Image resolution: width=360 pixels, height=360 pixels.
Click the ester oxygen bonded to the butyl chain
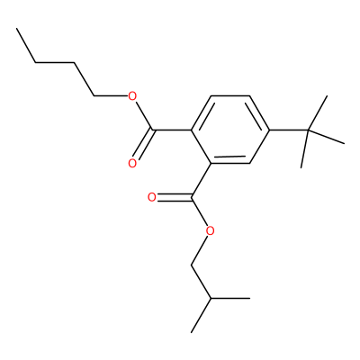click(x=132, y=96)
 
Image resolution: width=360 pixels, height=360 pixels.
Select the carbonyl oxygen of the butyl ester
click(x=132, y=164)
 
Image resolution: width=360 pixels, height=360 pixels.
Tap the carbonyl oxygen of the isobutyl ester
click(x=152, y=197)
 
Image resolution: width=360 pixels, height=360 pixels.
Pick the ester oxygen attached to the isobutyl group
click(x=211, y=231)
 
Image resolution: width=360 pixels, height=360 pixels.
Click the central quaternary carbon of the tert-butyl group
click(x=308, y=130)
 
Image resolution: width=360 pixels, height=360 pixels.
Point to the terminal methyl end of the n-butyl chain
click(x=17, y=29)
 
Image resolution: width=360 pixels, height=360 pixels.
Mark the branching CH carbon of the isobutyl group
click(x=211, y=299)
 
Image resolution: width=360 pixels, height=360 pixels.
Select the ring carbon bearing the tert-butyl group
click(x=269, y=130)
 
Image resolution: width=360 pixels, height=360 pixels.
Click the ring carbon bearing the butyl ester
click(x=192, y=130)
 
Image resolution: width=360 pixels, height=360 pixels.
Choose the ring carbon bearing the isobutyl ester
click(x=211, y=164)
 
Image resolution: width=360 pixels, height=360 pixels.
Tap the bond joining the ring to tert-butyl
click(x=289, y=130)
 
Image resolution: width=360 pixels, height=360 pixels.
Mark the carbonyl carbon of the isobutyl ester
click(x=192, y=197)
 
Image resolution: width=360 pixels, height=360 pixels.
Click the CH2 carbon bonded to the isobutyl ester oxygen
click(x=192, y=265)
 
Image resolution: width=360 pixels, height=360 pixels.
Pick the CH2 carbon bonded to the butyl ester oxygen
click(x=94, y=96)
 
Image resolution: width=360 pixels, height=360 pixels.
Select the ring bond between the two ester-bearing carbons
click(x=201, y=147)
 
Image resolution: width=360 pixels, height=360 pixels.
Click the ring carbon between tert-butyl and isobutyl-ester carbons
click(x=249, y=164)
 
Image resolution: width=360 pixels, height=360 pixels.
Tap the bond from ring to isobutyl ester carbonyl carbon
click(x=202, y=180)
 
